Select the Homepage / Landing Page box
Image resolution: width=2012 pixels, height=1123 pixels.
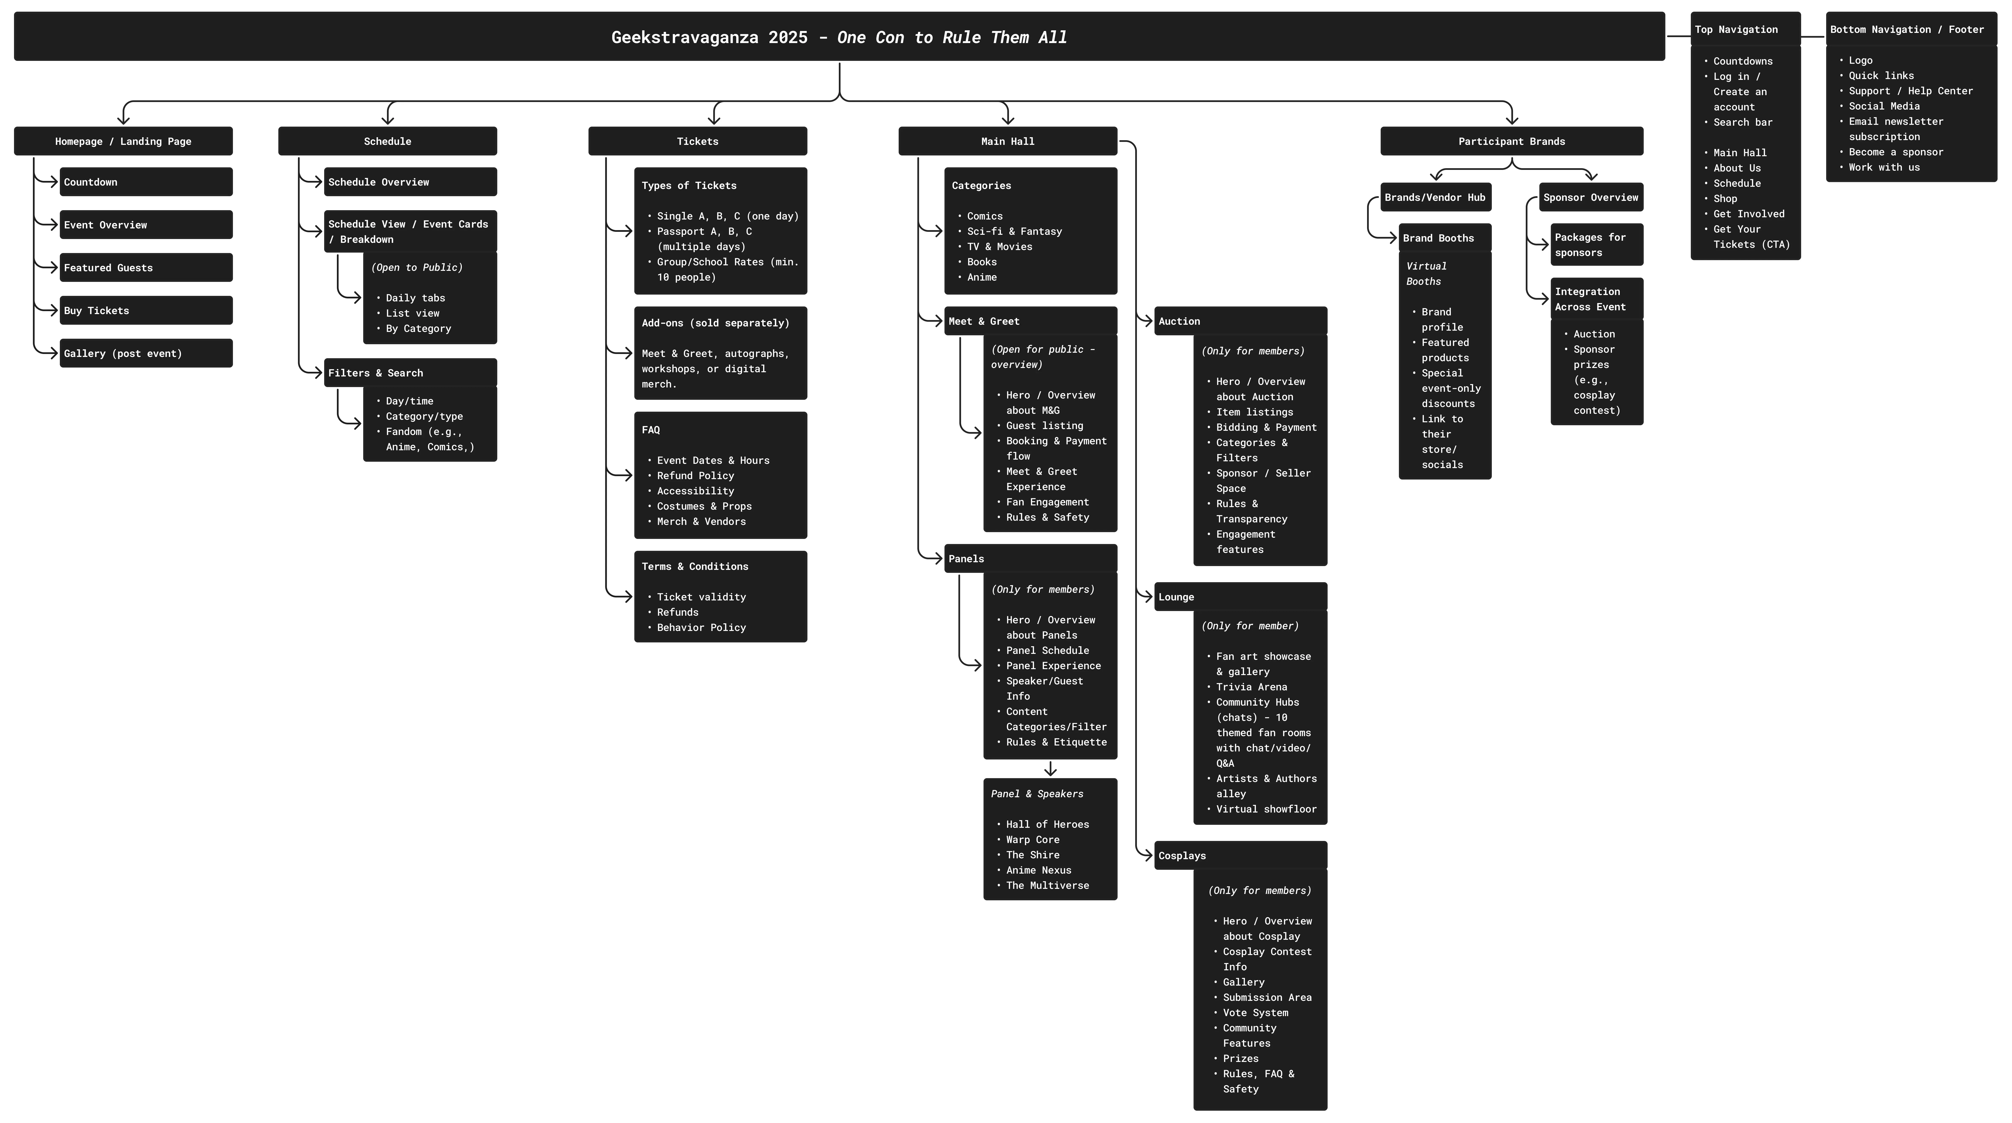pyautogui.click(x=123, y=141)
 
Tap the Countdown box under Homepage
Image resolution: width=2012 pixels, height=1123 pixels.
pyautogui.click(x=146, y=182)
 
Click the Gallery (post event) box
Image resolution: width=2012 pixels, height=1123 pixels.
pyautogui.click(x=146, y=353)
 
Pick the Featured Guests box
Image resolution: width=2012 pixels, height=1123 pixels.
pyautogui.click(x=146, y=268)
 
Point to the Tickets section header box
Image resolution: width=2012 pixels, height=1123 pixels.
pyautogui.click(x=698, y=141)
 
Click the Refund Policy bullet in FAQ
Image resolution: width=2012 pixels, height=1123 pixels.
pyautogui.click(x=695, y=475)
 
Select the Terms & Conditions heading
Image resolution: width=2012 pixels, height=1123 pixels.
pyautogui.click(x=695, y=566)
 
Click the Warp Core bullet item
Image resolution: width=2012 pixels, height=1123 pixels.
pyautogui.click(x=1033, y=839)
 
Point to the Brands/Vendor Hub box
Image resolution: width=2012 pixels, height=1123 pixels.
pyautogui.click(x=1436, y=198)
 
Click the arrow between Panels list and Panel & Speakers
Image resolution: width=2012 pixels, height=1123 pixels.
pyautogui.click(x=1051, y=768)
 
